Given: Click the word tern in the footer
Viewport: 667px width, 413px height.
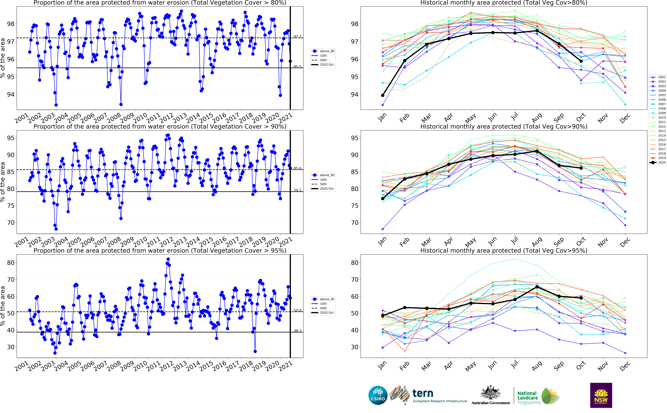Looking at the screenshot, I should click(x=423, y=393).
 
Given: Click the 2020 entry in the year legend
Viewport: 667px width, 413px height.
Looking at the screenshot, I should click(x=662, y=163).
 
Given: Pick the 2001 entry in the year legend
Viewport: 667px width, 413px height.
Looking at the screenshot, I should click(x=662, y=77).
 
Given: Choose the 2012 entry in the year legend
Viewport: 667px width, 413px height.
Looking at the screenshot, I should click(x=662, y=126).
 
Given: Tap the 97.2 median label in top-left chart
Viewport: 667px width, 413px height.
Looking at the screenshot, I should click(x=297, y=37).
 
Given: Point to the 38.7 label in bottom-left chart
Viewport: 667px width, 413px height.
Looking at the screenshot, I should click(x=297, y=331).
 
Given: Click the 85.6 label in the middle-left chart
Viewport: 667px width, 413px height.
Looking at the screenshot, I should click(x=297, y=168).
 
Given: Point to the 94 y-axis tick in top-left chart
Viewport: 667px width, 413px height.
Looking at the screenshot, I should click(x=10, y=95).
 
